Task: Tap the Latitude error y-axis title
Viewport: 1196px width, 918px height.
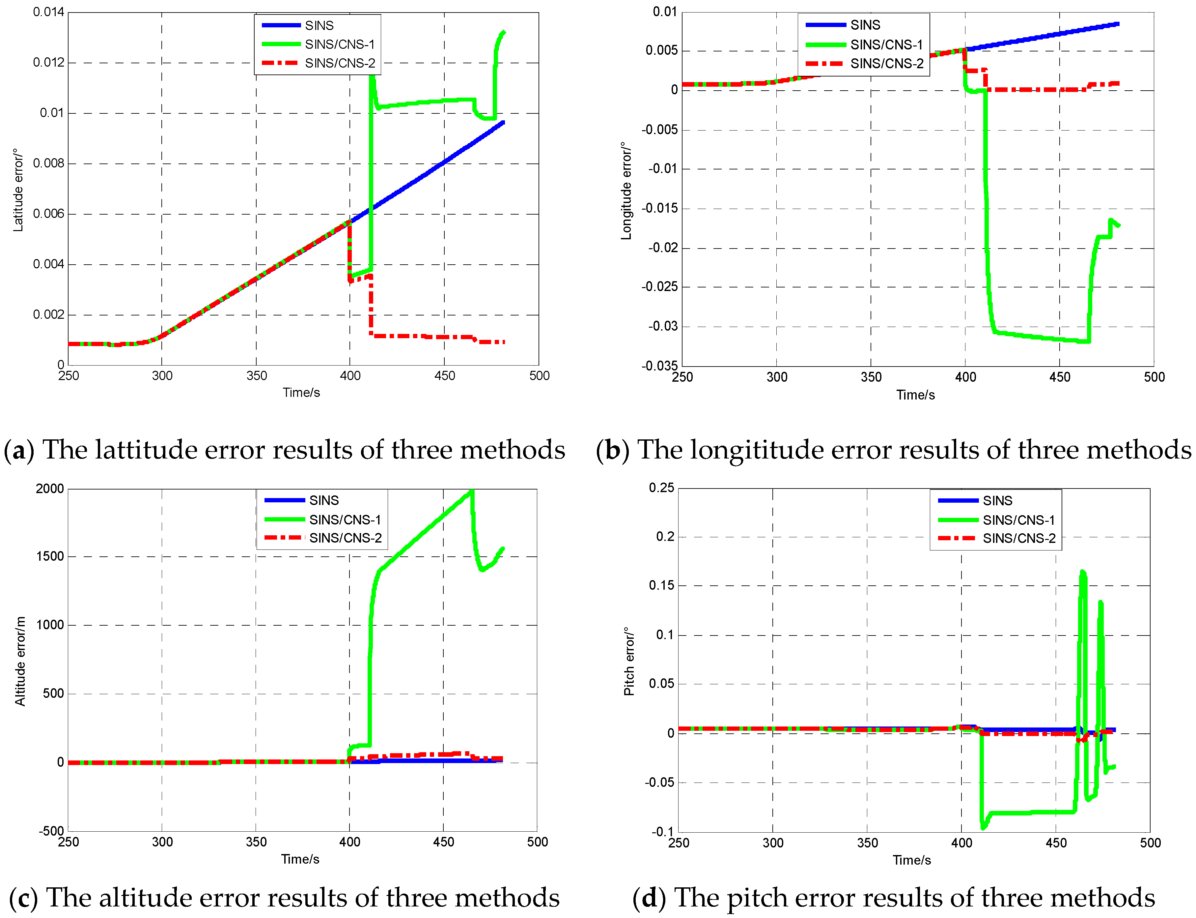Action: click(18, 190)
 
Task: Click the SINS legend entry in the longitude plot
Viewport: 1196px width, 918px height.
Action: click(865, 25)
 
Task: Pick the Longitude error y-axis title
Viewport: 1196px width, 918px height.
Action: click(626, 191)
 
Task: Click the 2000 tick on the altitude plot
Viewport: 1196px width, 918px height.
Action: click(50, 489)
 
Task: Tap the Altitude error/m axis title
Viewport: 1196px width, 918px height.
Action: click(20, 661)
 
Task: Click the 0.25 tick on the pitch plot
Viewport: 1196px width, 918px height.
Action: click(661, 488)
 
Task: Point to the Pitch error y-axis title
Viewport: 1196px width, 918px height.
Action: click(629, 661)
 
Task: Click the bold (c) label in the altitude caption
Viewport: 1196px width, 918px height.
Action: click(23, 898)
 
